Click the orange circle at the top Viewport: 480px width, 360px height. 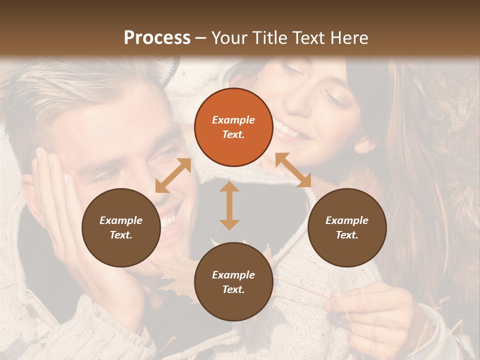[x=233, y=127]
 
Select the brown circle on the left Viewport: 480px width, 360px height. [x=121, y=227]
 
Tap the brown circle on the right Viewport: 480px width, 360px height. [x=346, y=227]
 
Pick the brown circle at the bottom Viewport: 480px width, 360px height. [x=233, y=282]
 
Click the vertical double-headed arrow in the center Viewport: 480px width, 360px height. [x=229, y=205]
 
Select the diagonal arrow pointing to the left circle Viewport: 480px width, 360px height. [x=173, y=175]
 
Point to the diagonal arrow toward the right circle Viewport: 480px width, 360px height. [x=293, y=170]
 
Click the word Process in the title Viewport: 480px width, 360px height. [x=157, y=37]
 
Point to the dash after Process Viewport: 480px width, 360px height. [x=200, y=38]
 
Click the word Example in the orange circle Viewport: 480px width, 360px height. [x=233, y=120]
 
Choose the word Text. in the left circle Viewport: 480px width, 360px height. [x=121, y=235]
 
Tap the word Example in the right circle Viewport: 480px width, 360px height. [x=346, y=220]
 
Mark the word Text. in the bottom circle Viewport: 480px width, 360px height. [x=233, y=289]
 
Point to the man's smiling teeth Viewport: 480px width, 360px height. [x=169, y=220]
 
